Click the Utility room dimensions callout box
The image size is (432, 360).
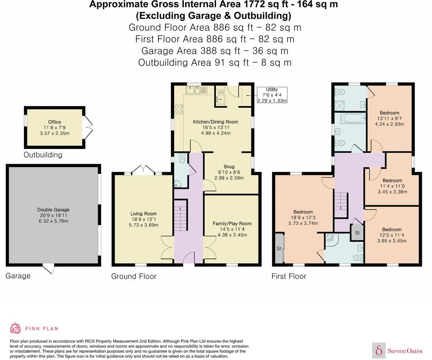[x=272, y=95]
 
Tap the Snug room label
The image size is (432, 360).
[x=229, y=166]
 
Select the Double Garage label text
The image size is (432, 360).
[x=53, y=210]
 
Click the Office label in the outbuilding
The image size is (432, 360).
[x=54, y=122]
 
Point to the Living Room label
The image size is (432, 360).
[x=144, y=214]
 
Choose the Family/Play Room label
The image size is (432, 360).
[x=232, y=223]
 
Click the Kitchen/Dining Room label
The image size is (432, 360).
[x=215, y=122]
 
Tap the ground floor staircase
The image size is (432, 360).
[x=181, y=215]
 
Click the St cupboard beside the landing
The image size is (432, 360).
[x=357, y=233]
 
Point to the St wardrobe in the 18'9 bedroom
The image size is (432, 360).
[x=279, y=248]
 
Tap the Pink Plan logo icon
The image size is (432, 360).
[x=16, y=328]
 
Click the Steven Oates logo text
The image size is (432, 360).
[x=405, y=351]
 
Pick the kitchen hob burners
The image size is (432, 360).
[x=178, y=109]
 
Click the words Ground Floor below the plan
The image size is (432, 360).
[x=133, y=276]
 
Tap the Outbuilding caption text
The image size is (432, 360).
[x=43, y=155]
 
